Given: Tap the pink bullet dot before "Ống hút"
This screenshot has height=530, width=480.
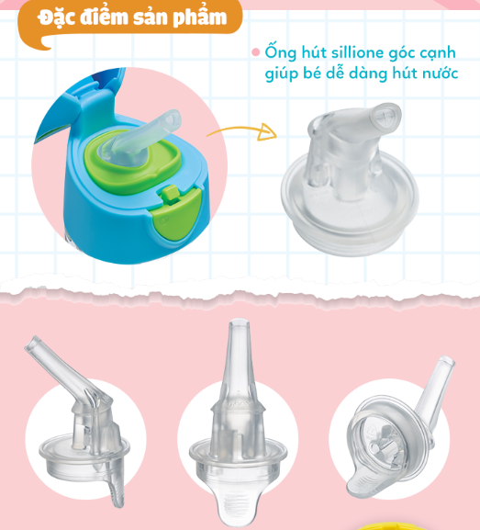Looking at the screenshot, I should click(256, 52).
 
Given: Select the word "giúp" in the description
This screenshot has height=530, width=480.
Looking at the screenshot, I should click(283, 73).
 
